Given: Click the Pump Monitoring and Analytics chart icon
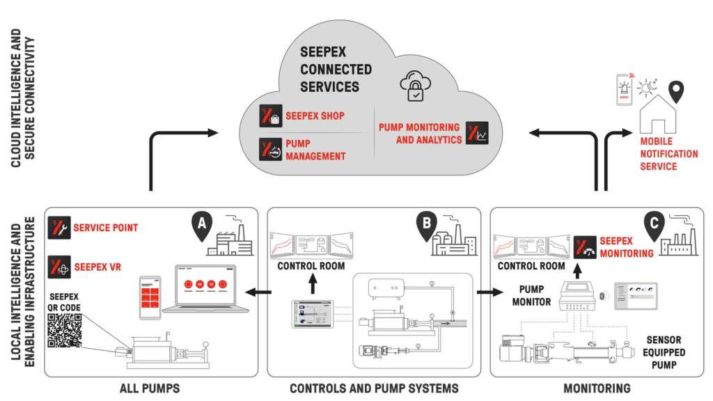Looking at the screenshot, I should pyautogui.click(x=478, y=133).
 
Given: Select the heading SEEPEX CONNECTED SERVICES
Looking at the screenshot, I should pyautogui.click(x=336, y=70).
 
